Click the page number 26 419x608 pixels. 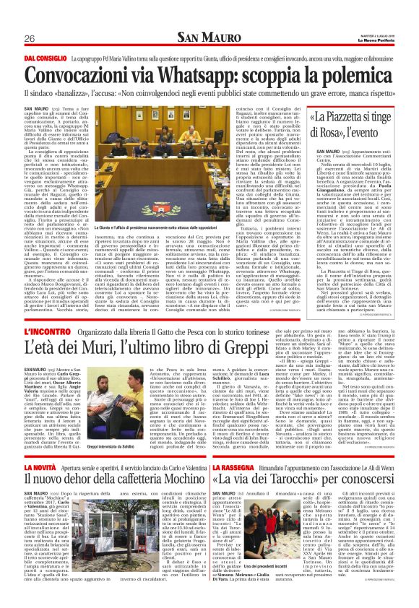tap(30, 38)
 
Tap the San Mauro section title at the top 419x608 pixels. tap(209, 37)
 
